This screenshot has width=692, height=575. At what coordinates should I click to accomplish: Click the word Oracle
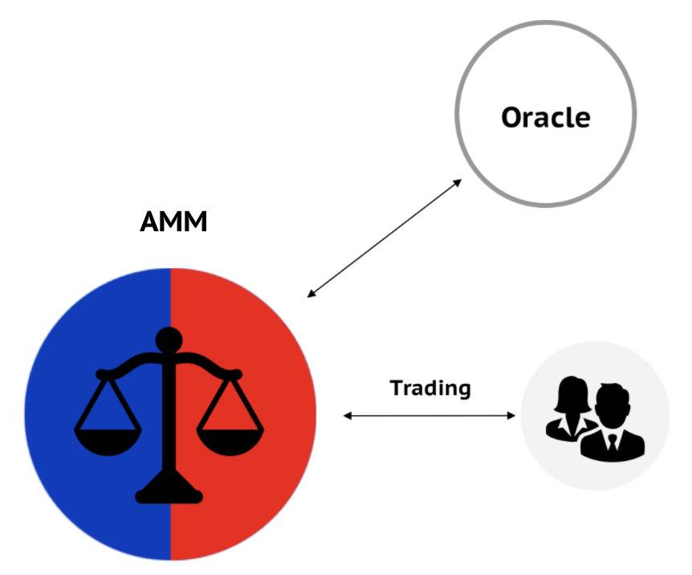click(546, 117)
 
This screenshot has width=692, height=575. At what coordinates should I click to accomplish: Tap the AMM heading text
click(173, 222)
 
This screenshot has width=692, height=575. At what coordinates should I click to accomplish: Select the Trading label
click(430, 389)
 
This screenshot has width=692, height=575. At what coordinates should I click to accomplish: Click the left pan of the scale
click(108, 442)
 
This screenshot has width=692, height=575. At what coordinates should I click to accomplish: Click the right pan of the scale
click(230, 442)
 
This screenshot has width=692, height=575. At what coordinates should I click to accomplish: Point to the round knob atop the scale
click(169, 341)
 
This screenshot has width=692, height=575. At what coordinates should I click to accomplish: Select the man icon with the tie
click(613, 423)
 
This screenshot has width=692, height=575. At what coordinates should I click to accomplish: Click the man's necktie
click(613, 442)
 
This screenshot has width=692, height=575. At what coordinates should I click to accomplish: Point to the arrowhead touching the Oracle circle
click(458, 182)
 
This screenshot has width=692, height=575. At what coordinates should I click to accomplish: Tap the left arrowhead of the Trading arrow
click(348, 415)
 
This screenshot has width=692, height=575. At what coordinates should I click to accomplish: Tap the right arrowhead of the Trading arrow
click(511, 415)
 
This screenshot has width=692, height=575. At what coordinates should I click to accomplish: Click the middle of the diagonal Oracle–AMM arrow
click(385, 238)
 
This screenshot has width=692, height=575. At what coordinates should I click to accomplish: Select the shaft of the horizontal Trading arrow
click(429, 415)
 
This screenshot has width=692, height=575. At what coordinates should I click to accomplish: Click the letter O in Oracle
click(512, 118)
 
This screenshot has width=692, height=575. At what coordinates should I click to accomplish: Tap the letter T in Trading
click(397, 388)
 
